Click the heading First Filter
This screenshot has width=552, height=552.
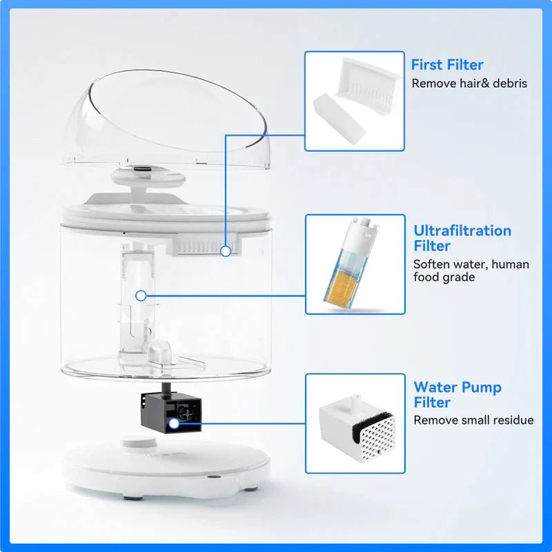pos(447,65)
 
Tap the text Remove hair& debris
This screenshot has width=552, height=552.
pos(469,83)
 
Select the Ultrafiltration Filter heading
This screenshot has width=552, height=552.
pos(462,238)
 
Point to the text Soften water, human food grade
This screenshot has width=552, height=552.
pos(471,270)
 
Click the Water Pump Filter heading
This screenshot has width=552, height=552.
pos(457,395)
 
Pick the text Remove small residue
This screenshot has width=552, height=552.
pos(473,420)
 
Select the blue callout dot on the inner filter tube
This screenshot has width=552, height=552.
pos(141,295)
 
